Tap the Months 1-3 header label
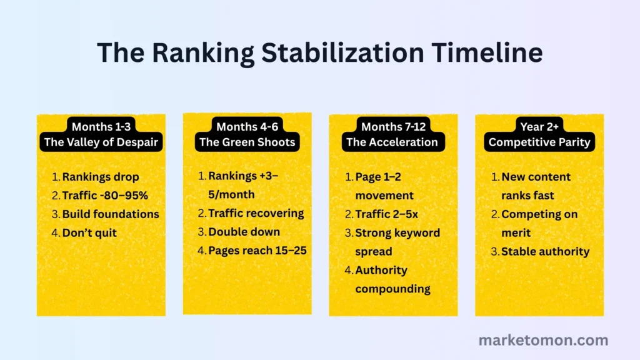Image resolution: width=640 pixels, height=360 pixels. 101,126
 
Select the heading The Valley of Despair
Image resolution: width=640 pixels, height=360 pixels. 101,142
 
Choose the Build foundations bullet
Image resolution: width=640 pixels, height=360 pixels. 110,214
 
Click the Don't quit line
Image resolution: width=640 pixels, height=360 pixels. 89,232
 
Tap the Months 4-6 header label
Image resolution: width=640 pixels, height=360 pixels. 247,126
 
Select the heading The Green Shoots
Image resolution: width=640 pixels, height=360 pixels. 247,142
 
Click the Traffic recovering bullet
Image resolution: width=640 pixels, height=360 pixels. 256,213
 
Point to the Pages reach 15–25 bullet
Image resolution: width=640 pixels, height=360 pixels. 258,251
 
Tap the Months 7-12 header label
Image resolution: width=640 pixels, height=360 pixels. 393,126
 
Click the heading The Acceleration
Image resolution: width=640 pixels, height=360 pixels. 392,142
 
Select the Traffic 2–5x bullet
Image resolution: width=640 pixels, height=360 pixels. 386,214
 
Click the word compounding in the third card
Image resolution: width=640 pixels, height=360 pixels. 392,289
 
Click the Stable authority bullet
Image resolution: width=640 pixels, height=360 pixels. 545,251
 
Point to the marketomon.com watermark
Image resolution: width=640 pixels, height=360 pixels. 543,341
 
